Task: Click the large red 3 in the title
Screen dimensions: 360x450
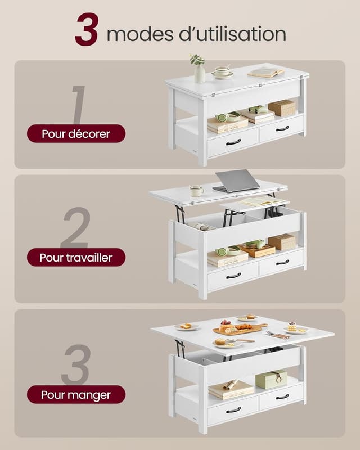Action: point(87,29)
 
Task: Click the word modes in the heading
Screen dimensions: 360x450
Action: point(140,34)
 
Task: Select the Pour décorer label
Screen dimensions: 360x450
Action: point(76,134)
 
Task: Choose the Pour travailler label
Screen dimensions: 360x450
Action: point(76,258)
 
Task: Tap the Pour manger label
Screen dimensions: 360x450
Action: point(76,395)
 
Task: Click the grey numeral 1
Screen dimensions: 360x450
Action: point(79,105)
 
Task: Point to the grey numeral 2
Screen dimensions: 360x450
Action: point(76,228)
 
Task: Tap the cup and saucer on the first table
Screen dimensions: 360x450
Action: point(223,72)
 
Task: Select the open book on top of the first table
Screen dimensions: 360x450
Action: point(266,72)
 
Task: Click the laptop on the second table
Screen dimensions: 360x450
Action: point(237,181)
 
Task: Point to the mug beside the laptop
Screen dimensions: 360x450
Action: point(196,191)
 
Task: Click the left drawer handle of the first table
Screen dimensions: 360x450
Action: point(233,142)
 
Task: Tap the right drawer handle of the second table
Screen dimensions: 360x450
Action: point(282,262)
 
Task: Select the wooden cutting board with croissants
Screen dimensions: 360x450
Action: point(240,329)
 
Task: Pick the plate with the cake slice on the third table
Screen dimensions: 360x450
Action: point(296,329)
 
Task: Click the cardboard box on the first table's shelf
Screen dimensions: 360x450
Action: point(282,108)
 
